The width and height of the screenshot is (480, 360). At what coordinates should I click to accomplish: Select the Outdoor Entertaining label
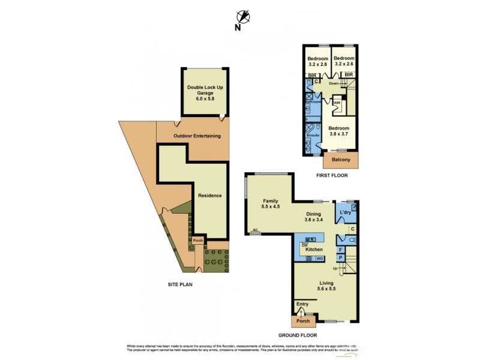tap(197, 136)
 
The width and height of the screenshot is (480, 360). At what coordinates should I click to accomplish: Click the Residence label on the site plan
tap(210, 195)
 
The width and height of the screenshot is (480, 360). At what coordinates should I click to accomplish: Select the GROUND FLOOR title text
tap(298, 335)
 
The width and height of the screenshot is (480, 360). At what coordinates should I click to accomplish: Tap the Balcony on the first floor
tap(341, 161)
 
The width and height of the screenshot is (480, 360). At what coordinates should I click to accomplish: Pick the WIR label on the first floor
tap(337, 103)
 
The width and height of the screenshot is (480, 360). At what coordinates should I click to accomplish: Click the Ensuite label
tap(313, 136)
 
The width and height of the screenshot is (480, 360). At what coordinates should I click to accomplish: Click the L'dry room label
tap(345, 213)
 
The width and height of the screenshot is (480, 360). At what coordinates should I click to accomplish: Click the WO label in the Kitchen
tap(320, 258)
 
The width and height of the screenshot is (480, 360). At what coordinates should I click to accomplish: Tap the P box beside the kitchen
tap(340, 257)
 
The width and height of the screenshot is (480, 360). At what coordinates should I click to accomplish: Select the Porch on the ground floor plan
tap(302, 321)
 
